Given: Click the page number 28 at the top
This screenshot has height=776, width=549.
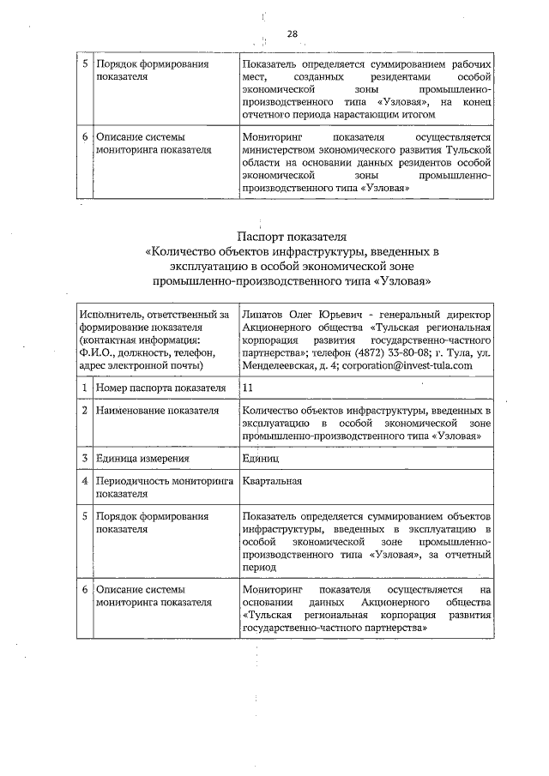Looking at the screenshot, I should click(293, 34).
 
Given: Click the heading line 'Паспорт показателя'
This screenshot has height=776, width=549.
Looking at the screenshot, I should click(291, 237).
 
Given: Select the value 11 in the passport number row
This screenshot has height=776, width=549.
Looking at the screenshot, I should click(249, 388).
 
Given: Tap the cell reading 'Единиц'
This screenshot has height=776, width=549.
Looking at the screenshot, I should click(261, 458).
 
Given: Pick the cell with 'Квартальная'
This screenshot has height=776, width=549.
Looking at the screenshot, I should click(272, 482).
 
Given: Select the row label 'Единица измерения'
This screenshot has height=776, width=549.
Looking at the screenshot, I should click(142, 458).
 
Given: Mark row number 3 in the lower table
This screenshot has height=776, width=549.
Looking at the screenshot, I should click(85, 458).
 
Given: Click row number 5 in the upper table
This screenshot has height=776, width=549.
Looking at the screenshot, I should click(85, 65).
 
